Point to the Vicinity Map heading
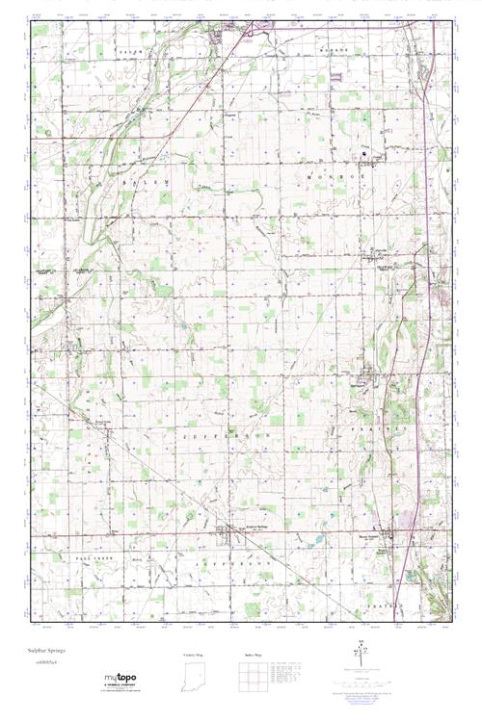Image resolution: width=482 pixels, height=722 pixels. (195, 655)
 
